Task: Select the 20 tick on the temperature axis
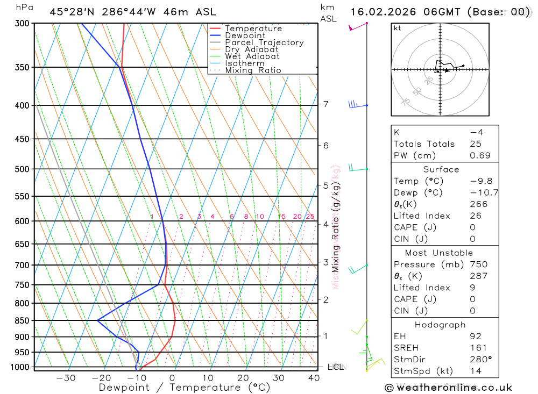(243, 378)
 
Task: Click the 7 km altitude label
(325, 104)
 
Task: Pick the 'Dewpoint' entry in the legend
(245, 35)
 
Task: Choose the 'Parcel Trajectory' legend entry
(264, 42)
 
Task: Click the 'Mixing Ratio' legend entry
(253, 70)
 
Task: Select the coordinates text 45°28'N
(70, 12)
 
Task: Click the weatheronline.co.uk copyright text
(449, 388)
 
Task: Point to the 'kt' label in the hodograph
(398, 28)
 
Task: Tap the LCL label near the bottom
(336, 367)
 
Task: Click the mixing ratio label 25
(310, 217)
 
